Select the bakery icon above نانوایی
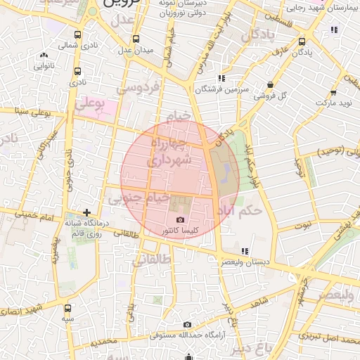(x=44, y=55)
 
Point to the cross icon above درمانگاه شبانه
(x=86, y=212)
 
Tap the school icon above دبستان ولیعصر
(x=244, y=251)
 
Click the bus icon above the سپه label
(x=67, y=308)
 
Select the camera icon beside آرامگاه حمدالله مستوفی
(x=187, y=324)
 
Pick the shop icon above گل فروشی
(x=271, y=85)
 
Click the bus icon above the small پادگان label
(x=302, y=41)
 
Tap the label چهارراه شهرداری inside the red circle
(x=167, y=151)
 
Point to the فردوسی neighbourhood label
(x=139, y=88)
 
